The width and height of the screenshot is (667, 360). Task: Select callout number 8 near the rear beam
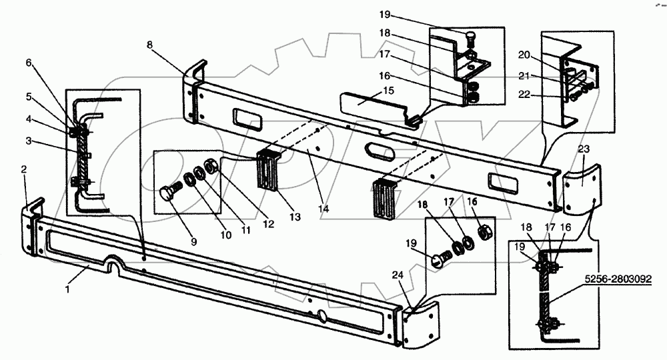click(x=149, y=44)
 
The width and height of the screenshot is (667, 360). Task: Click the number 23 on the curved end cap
click(x=584, y=150)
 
